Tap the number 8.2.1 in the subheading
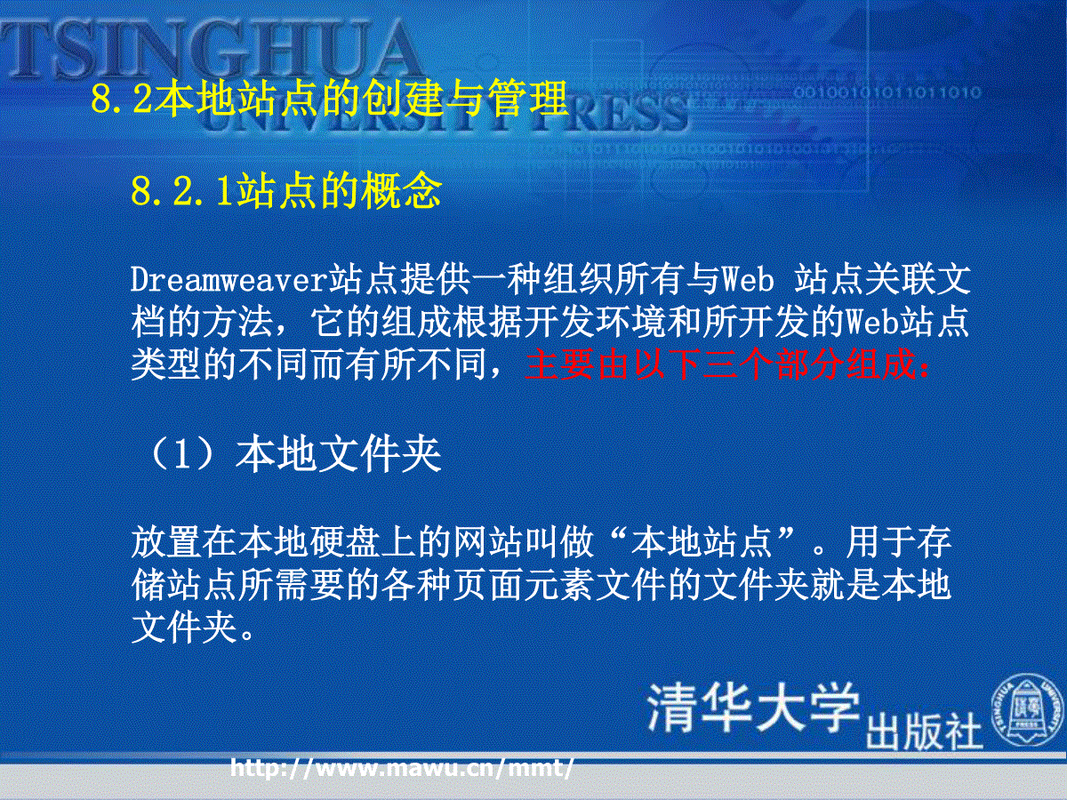181,191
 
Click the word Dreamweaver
229,280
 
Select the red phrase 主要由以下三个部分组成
720,364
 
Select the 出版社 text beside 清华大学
924,732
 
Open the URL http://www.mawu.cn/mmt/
402,767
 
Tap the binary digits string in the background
887,92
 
